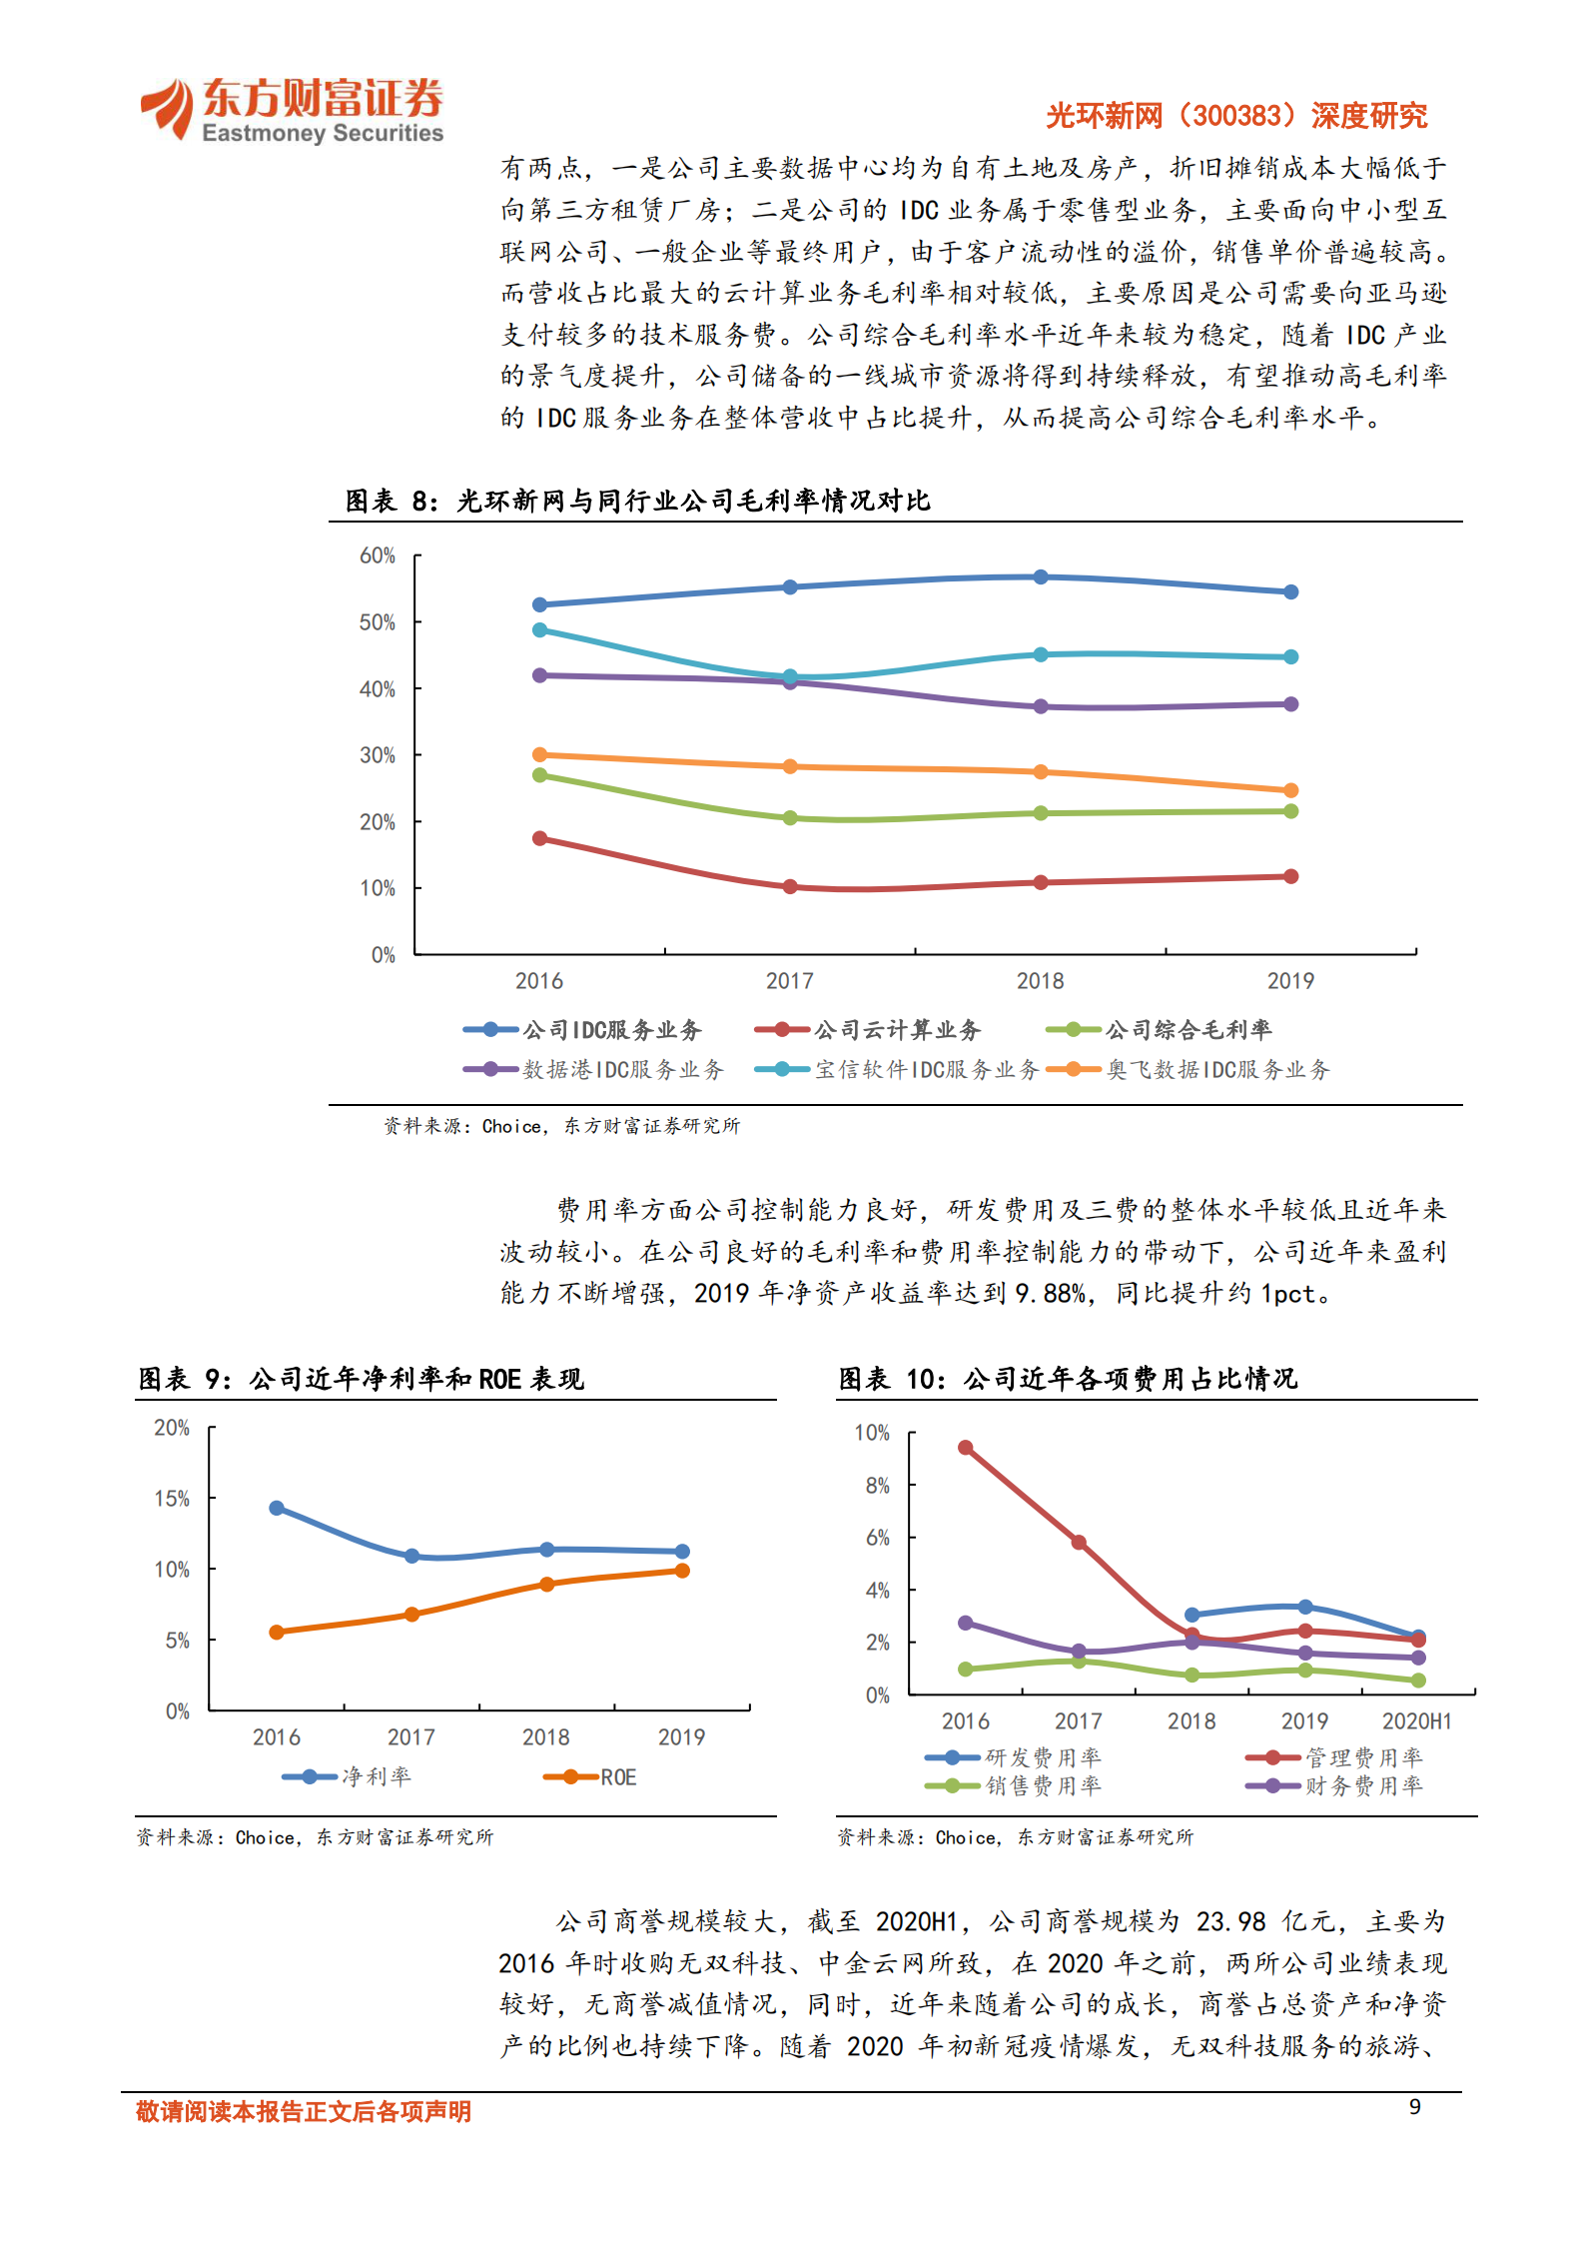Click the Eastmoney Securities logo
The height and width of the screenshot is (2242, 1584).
point(291,110)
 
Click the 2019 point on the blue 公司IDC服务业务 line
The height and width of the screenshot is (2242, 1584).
point(1290,592)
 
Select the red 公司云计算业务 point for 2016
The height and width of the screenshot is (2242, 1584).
point(540,838)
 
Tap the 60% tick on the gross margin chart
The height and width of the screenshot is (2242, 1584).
point(378,556)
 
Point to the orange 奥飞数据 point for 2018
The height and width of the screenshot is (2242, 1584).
point(1041,772)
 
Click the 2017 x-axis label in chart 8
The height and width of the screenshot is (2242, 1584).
point(789,981)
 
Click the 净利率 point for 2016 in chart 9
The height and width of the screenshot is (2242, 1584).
point(277,1508)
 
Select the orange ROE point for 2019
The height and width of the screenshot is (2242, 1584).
point(682,1571)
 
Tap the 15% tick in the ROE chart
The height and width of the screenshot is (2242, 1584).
point(172,1499)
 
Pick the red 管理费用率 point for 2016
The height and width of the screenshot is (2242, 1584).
point(966,1448)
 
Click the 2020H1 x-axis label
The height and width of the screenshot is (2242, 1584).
point(1416,1721)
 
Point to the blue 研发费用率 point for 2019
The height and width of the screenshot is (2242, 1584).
point(1304,1607)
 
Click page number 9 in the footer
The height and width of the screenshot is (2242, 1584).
point(1414,2106)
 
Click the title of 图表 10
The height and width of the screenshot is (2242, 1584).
point(1068,1379)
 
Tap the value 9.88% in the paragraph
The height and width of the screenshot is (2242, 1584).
point(1050,1294)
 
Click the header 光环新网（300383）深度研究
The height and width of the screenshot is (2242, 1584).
point(1236,116)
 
